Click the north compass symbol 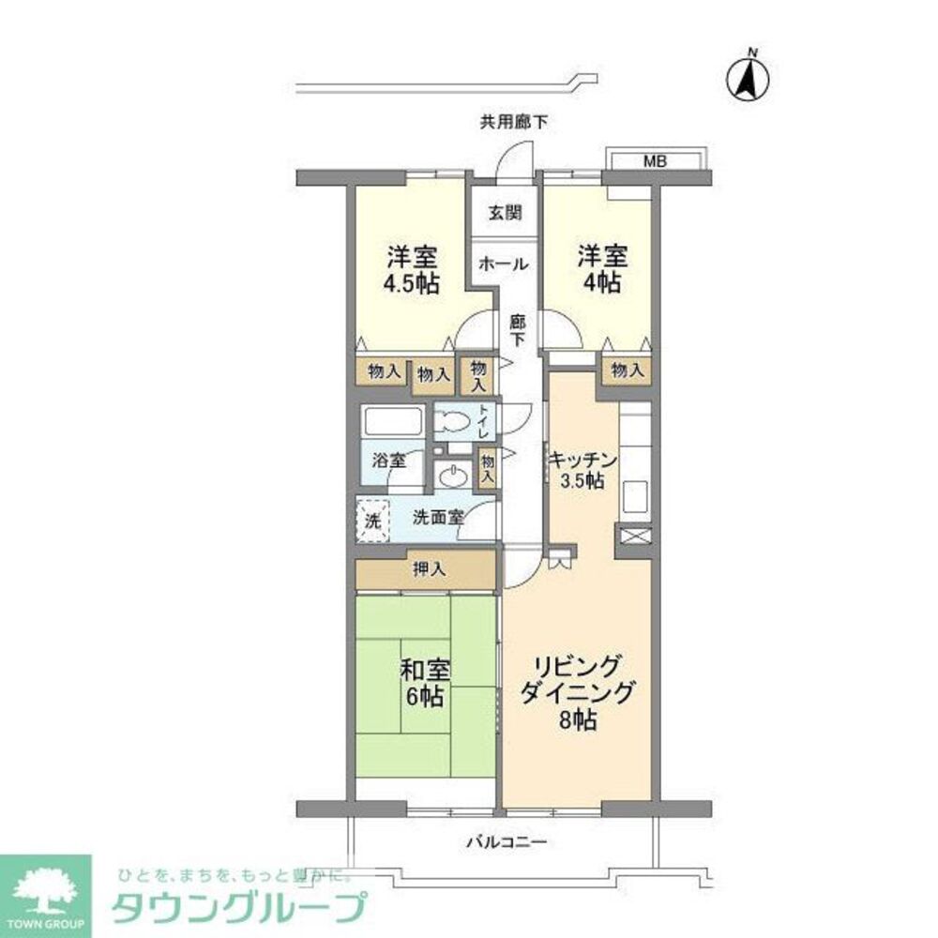click(x=749, y=81)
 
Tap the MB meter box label click(x=654, y=161)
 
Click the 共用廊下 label click(x=514, y=120)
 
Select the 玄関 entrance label click(x=504, y=213)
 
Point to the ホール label click(x=504, y=265)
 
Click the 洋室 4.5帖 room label click(x=414, y=270)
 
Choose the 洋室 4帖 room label click(x=601, y=269)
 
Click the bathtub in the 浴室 click(x=393, y=422)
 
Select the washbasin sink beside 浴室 click(x=455, y=477)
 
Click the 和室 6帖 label click(x=425, y=684)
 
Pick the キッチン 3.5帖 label click(x=582, y=470)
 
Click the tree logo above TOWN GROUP click(x=44, y=885)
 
